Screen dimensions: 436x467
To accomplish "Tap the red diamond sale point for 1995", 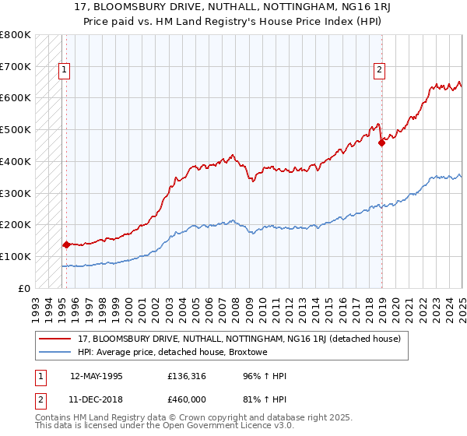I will click(66, 244).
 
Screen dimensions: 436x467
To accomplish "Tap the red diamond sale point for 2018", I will click(381, 142).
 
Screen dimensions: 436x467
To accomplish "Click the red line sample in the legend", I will click(55, 339).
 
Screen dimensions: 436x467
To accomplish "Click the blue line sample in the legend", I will click(55, 352).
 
